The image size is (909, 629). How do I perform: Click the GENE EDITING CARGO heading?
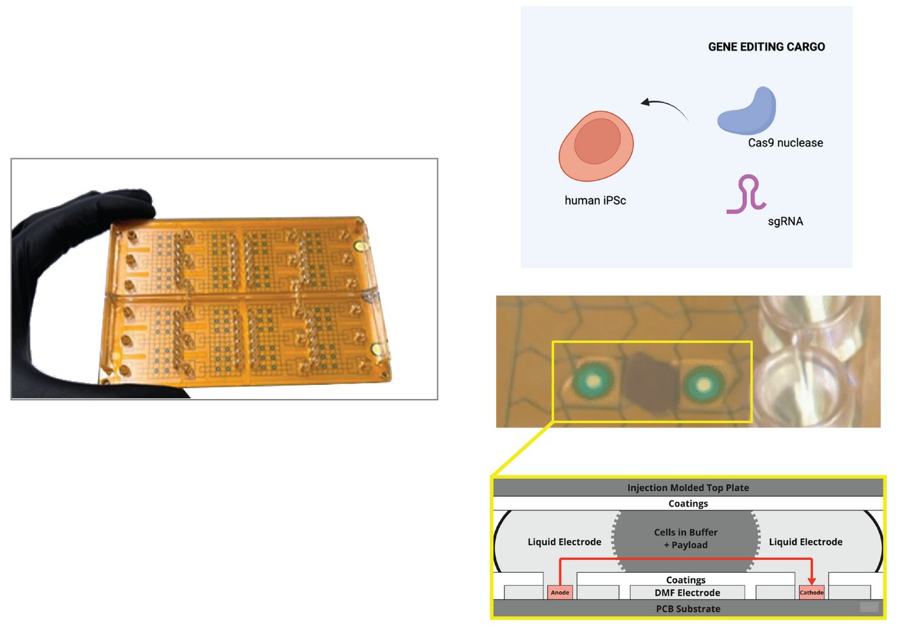tap(766, 47)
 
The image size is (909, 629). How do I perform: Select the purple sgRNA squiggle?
tap(747, 194)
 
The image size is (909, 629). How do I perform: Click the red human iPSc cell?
tap(595, 146)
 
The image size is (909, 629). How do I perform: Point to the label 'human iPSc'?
tap(595, 200)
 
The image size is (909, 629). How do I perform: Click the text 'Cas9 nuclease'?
tap(785, 143)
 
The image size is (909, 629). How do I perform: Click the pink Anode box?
tap(560, 592)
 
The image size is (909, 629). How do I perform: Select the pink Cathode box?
tap(811, 592)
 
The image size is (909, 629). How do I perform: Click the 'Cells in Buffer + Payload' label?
tap(685, 538)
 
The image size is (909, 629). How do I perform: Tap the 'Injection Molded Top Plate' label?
tap(687, 488)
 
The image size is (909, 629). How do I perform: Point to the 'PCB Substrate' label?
tap(687, 609)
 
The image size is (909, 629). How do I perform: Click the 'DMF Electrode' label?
tap(687, 592)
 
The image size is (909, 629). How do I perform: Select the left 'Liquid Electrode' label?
tap(564, 542)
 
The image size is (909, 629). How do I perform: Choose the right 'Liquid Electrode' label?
tap(805, 542)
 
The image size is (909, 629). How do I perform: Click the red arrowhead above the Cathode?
tap(812, 580)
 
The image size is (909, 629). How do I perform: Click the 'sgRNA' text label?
tap(785, 221)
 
